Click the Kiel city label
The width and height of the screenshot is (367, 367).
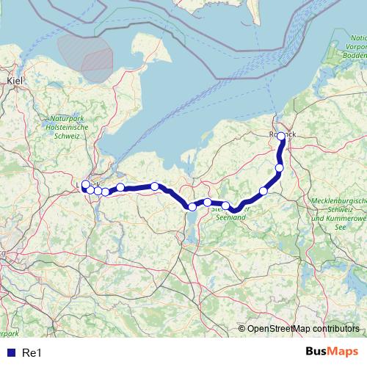click(x=15, y=80)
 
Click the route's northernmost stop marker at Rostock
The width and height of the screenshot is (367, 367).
click(x=281, y=136)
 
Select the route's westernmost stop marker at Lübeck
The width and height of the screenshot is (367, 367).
click(x=85, y=185)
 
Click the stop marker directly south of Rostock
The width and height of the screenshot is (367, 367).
click(x=279, y=168)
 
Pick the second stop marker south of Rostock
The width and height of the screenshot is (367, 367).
click(x=264, y=192)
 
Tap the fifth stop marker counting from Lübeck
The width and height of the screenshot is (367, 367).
click(x=120, y=188)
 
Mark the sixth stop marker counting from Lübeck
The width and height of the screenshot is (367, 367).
click(x=155, y=186)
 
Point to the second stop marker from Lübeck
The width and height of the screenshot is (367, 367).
click(x=90, y=190)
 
